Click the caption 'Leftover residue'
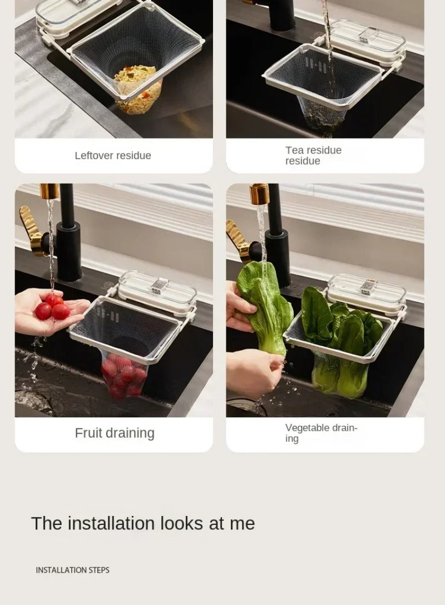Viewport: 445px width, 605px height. [x=112, y=155]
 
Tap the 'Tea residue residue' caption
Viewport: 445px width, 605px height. [x=313, y=155]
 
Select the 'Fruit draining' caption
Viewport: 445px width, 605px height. [x=115, y=433]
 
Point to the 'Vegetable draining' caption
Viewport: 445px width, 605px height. [x=321, y=433]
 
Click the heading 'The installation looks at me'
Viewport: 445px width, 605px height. [x=142, y=524]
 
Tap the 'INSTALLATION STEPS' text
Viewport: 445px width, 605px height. [x=72, y=570]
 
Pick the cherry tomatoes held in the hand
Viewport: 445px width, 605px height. [x=53, y=308]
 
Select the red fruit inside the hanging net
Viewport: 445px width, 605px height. [x=124, y=376]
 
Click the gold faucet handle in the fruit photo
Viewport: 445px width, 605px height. [x=30, y=231]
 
